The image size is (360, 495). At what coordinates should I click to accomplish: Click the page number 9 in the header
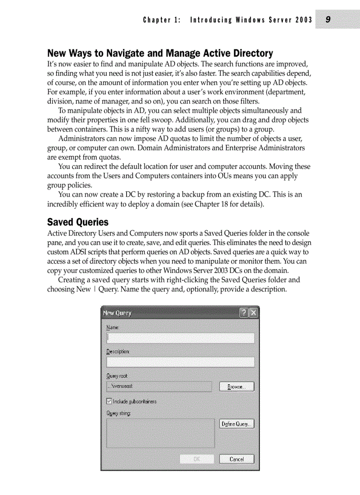(328, 19)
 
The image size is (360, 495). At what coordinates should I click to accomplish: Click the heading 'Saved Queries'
(78, 222)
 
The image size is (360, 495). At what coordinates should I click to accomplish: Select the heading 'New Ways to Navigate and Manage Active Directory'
(160, 53)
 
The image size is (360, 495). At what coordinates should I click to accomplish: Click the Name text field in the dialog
(180, 338)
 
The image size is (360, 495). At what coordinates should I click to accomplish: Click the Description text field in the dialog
(180, 362)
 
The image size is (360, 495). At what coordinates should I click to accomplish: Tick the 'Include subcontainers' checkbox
(109, 402)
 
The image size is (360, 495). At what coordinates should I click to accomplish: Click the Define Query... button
(237, 424)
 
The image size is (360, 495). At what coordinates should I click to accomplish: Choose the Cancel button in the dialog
(237, 459)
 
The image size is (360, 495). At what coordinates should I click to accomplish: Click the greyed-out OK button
(197, 459)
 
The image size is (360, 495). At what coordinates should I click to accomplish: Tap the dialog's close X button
(254, 313)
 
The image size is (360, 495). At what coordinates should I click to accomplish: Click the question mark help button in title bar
(244, 313)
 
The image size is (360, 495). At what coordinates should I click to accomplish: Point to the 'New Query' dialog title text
(117, 313)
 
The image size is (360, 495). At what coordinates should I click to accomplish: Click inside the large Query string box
(160, 433)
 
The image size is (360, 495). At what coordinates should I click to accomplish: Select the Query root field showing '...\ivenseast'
(160, 386)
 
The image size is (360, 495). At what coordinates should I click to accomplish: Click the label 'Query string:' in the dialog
(119, 413)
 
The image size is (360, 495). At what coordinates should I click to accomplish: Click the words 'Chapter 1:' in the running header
(161, 20)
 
